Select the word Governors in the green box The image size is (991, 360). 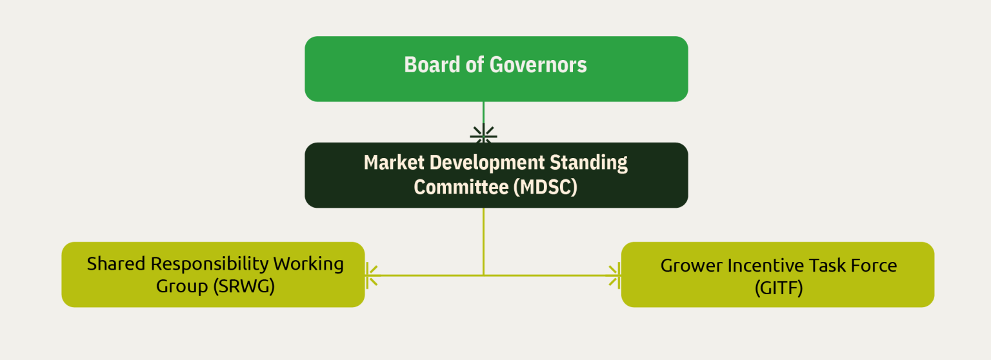(x=538, y=65)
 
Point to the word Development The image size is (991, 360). (x=487, y=163)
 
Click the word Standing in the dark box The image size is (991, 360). (x=588, y=163)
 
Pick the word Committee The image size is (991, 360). (x=461, y=187)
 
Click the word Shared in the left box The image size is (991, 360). (x=116, y=264)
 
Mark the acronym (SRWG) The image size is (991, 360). (x=244, y=286)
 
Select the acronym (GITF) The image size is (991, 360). (x=779, y=288)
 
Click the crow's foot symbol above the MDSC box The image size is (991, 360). (x=483, y=134)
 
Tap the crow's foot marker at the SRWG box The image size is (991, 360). (x=372, y=275)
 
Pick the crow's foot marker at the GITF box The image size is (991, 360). (x=614, y=275)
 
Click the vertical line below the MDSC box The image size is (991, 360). (x=483, y=241)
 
